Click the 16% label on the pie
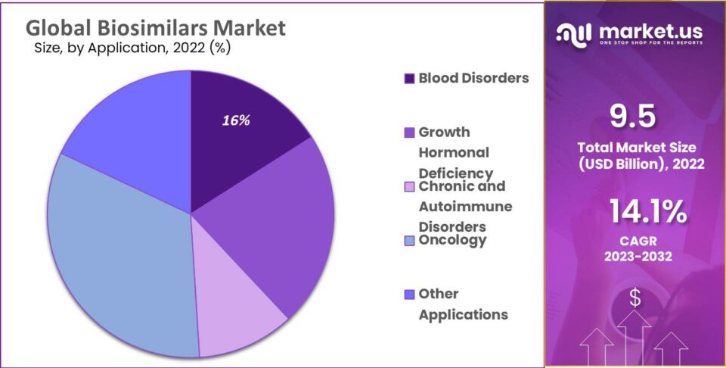pos(236,120)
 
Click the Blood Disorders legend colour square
pos(409,78)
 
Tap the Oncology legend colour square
pos(409,241)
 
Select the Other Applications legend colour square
pos(409,295)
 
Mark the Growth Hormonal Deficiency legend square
pos(409,133)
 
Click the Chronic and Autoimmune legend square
pos(409,186)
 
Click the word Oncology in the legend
pos(452,240)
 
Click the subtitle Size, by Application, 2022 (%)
pos(132,48)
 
